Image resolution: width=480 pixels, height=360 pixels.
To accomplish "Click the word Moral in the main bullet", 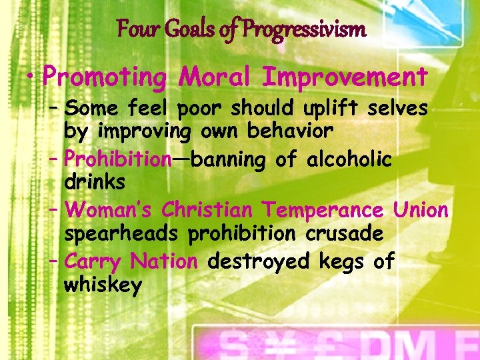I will [x=215, y=77].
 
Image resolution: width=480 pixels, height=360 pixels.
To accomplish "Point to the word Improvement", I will [x=345, y=77].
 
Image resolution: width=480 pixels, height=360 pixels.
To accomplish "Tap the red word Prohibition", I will [x=119, y=160].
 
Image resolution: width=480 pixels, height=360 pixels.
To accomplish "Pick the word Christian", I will [x=207, y=210].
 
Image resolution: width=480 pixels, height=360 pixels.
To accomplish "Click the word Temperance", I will [x=323, y=210].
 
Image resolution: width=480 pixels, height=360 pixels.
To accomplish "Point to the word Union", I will [x=421, y=210].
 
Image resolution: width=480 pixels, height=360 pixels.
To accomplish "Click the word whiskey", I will [x=103, y=286].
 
